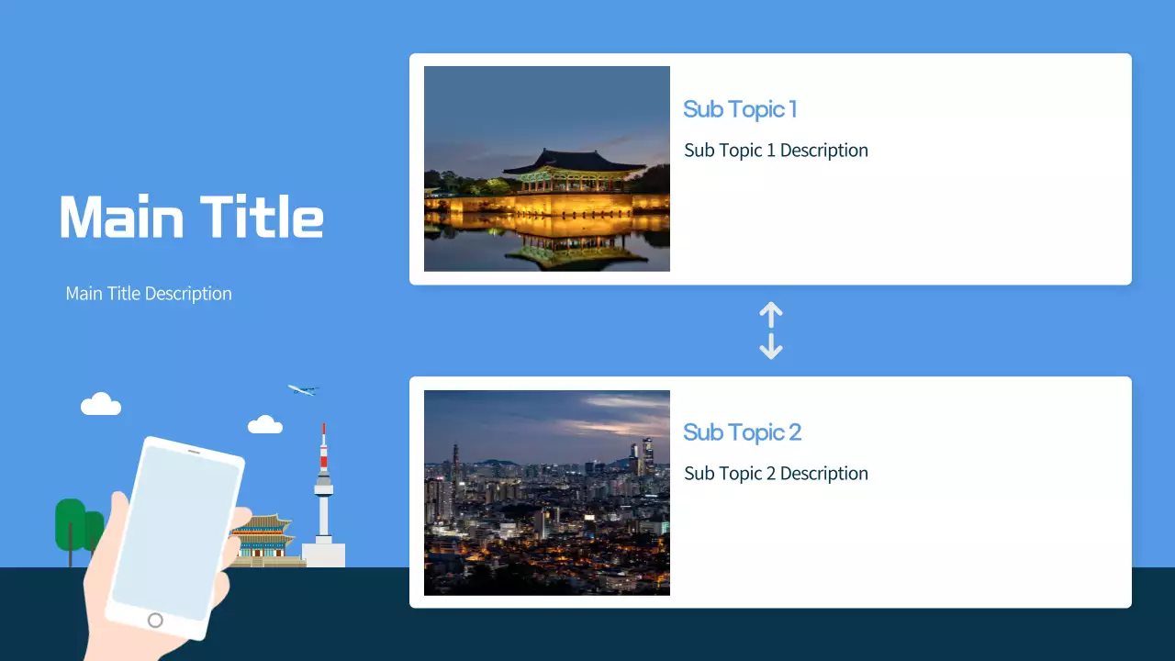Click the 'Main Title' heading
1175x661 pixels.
pos(191,218)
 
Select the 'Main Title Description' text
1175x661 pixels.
pos(149,294)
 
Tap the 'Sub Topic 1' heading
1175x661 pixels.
pos(740,109)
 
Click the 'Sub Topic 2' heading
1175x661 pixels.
pos(742,432)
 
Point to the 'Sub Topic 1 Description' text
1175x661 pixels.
pos(776,151)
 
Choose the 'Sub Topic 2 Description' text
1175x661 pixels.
pos(776,474)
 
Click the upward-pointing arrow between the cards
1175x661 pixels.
pos(771,315)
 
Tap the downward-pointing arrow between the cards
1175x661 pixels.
pos(771,346)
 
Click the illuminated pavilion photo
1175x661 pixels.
pos(547,169)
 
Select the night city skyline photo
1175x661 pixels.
pos(547,493)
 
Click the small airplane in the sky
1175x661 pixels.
pos(302,390)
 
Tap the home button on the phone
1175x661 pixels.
pos(155,621)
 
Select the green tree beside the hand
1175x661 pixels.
pos(71,523)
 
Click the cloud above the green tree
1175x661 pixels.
pos(101,404)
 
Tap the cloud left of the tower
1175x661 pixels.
pos(265,424)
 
